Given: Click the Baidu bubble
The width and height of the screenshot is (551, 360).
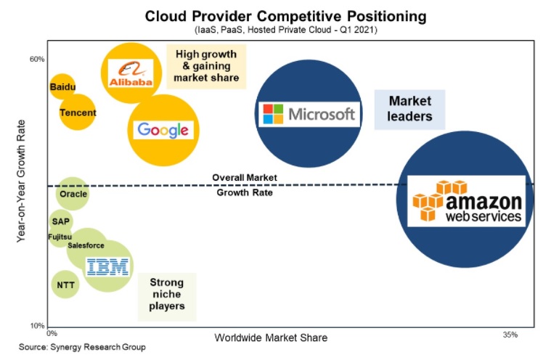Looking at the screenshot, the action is click(x=62, y=87).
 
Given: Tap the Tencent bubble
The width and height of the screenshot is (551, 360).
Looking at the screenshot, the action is click(x=77, y=112).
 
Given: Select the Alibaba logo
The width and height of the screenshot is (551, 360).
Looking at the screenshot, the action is click(x=131, y=73).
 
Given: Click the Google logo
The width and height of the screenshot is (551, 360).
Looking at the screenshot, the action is click(x=163, y=130).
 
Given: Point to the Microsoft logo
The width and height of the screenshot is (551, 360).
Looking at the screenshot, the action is click(x=309, y=114).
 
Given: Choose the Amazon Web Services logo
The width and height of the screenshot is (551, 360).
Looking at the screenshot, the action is click(x=466, y=201).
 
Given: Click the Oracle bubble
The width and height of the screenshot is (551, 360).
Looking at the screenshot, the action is click(x=73, y=194).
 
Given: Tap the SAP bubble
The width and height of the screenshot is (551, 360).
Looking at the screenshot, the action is click(x=61, y=221).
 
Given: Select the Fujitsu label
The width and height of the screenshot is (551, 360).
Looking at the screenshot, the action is click(x=60, y=237).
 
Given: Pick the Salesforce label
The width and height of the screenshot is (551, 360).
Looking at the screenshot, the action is click(x=86, y=245).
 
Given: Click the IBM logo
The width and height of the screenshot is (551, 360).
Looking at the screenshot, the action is click(x=108, y=266).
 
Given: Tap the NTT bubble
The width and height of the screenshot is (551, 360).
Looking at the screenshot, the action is click(x=65, y=285).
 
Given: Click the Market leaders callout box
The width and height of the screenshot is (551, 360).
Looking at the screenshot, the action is click(x=409, y=109).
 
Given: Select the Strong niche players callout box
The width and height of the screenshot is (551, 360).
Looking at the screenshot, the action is click(x=167, y=297).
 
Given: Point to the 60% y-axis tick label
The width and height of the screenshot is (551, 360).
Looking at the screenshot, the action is click(x=37, y=59).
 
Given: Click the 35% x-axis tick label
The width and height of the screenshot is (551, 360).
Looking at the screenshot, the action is click(x=510, y=335).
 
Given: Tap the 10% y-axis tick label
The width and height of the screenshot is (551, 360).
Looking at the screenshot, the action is click(x=37, y=326).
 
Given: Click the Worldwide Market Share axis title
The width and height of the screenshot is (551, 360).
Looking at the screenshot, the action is click(x=271, y=337).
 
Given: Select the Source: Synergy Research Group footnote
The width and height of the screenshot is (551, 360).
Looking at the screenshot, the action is click(x=82, y=347).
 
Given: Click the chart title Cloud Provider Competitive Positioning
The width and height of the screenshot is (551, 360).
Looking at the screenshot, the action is click(x=286, y=16).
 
